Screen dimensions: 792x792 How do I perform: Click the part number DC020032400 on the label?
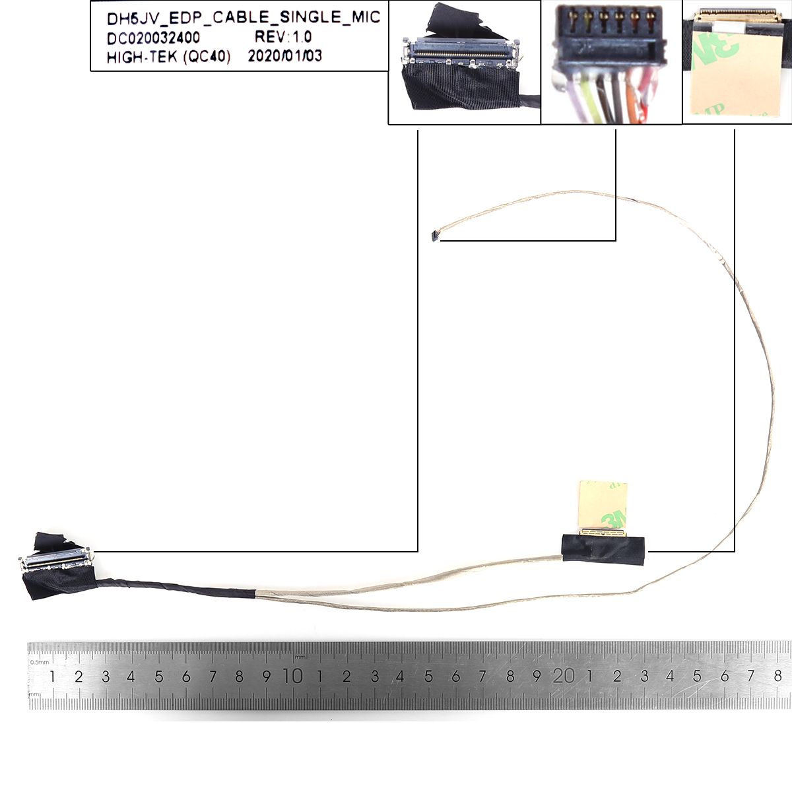pos(153,38)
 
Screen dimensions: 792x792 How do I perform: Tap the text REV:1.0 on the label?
pos(283,37)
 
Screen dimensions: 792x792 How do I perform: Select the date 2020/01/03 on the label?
pos(285,56)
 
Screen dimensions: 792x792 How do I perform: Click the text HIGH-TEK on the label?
pos(142,57)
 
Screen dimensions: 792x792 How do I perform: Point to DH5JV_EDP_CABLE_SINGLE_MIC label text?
pos(244,18)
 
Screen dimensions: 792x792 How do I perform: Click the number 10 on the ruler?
pos(293,676)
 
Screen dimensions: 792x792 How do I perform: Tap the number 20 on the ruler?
pos(563,676)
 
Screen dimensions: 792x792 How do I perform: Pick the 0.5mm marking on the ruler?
pos(39,662)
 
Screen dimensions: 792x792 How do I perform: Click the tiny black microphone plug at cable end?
pos(434,235)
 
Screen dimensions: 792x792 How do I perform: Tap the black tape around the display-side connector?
pos(603,548)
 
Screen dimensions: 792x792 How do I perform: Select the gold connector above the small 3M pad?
pos(603,532)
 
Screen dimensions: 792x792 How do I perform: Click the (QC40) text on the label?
pos(207,57)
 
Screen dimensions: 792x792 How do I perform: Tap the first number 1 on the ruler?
pos(52,676)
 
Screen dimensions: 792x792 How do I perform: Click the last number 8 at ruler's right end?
pos(777,676)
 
